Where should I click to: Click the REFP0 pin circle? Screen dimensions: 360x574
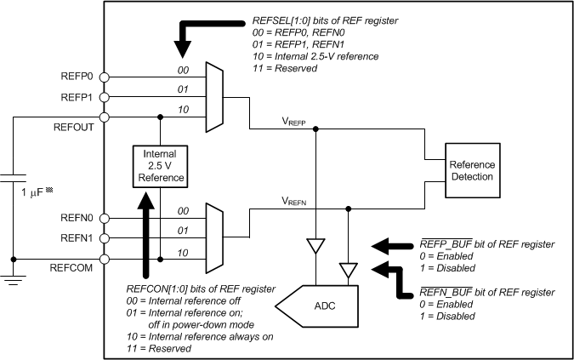(105, 76)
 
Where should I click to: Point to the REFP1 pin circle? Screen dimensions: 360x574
(105, 96)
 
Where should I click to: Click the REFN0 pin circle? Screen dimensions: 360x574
(105, 218)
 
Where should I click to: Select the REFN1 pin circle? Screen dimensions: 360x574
(105, 238)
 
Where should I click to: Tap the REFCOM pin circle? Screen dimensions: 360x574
(105, 259)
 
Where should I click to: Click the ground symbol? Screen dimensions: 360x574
(14, 279)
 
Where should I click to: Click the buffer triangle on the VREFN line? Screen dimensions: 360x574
(348, 269)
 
